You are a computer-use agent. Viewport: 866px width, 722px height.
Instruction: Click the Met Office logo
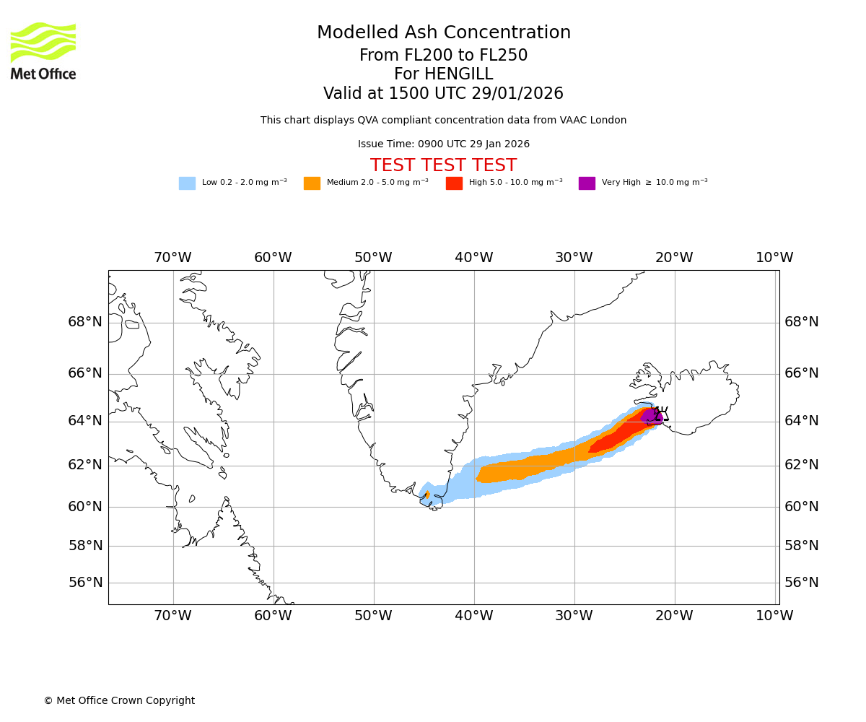(x=43, y=51)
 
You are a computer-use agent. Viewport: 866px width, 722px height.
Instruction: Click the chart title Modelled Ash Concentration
(x=444, y=32)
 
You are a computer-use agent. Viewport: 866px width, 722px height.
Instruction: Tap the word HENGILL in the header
(x=458, y=74)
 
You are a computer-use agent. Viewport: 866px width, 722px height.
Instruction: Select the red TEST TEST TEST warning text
(x=443, y=165)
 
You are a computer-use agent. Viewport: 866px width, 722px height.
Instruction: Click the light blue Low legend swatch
(x=187, y=183)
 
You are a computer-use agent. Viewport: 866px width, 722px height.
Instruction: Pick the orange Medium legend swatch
(x=312, y=183)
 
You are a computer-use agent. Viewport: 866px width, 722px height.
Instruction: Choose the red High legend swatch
(x=454, y=183)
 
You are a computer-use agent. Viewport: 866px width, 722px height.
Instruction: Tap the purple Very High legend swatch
(x=587, y=183)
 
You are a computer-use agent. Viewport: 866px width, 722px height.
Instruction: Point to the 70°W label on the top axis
(x=172, y=258)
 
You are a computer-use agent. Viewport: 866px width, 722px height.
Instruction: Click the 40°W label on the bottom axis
(x=473, y=616)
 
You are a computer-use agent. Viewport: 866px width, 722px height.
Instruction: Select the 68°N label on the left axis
(x=85, y=321)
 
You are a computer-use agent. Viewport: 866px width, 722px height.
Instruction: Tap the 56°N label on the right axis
(x=802, y=582)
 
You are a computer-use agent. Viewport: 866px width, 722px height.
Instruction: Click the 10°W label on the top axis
(x=774, y=258)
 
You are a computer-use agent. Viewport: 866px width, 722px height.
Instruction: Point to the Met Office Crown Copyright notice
(x=119, y=700)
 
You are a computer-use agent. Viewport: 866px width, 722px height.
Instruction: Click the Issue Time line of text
(x=443, y=144)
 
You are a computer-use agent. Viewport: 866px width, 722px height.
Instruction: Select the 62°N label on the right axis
(x=802, y=464)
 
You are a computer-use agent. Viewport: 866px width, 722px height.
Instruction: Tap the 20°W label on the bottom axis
(x=674, y=616)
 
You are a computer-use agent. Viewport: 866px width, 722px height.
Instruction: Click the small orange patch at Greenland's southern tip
(x=427, y=495)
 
